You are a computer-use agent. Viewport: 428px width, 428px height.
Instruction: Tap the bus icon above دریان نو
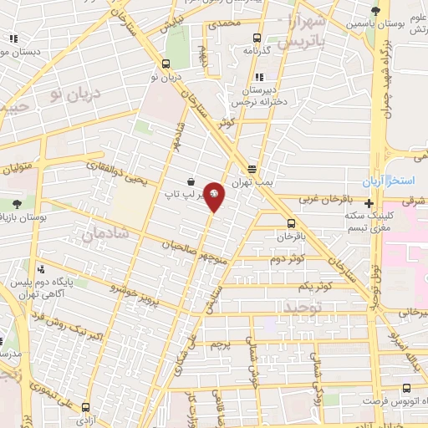pos(166,64)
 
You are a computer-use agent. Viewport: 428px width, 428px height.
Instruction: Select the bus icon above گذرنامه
pos(257,38)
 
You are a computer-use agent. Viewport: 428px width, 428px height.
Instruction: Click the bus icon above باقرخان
pos(291,222)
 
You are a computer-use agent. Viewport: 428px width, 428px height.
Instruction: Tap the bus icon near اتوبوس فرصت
pos(406,389)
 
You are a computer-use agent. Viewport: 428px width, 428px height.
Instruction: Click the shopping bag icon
pos(191,181)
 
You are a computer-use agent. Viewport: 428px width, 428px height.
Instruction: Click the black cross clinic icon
pos(369,202)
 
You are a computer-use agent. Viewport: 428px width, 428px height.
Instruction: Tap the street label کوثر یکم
pos(314,286)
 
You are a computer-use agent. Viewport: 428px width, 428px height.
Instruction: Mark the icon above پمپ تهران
pos(251,169)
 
